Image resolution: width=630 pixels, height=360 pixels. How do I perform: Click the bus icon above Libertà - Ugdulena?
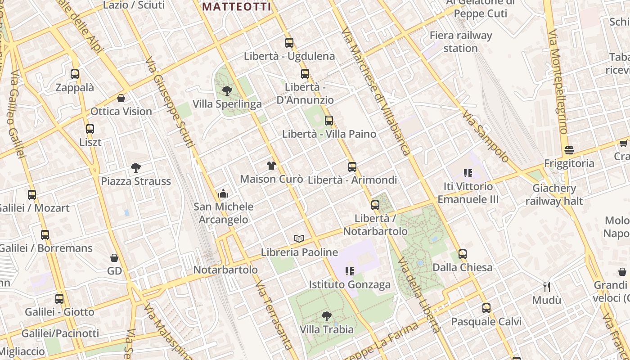(289, 43)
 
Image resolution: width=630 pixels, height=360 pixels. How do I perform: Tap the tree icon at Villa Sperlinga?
(227, 91)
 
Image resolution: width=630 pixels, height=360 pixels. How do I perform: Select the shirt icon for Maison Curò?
(271, 166)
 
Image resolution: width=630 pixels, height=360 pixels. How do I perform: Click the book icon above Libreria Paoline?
(299, 238)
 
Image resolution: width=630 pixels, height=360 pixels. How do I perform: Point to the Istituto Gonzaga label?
(350, 285)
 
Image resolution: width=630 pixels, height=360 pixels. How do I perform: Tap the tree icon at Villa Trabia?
(327, 316)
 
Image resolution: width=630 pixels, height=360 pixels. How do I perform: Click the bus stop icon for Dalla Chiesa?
(463, 254)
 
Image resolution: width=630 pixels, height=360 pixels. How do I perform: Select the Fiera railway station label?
(460, 42)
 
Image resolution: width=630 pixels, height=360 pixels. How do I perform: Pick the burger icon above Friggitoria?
(569, 150)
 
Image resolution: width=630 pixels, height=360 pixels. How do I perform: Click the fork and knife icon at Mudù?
(547, 287)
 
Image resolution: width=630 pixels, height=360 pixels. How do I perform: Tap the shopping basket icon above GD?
(114, 258)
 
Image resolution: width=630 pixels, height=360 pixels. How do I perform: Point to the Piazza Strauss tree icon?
(135, 168)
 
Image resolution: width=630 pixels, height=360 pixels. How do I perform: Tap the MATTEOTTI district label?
(237, 7)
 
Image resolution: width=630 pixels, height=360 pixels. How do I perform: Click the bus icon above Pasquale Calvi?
(486, 308)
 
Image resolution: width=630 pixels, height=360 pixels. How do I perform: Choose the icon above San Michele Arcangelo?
(223, 194)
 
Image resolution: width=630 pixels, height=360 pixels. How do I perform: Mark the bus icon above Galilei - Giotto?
(59, 299)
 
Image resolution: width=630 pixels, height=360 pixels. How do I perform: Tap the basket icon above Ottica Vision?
(121, 98)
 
